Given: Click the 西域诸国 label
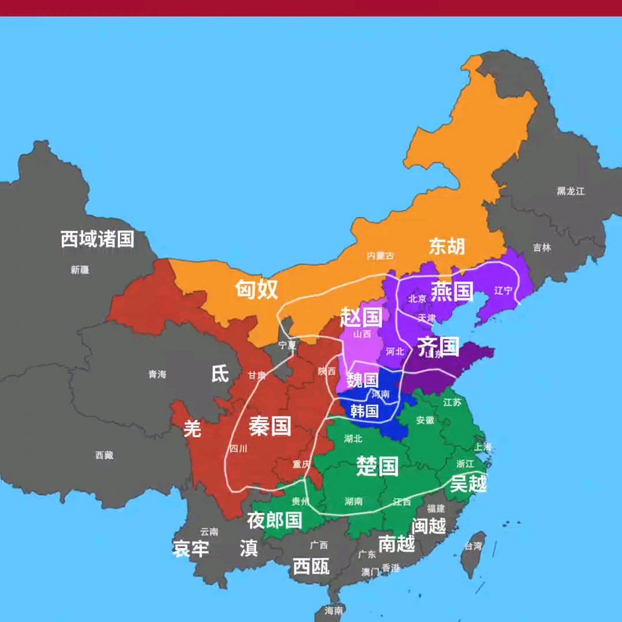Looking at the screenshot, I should pyautogui.click(x=97, y=239).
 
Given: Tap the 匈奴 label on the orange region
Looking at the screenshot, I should pyautogui.click(x=257, y=289).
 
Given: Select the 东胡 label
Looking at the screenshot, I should pyautogui.click(x=447, y=246).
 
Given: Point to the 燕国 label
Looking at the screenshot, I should pyautogui.click(x=452, y=292).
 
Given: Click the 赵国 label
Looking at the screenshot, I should pyautogui.click(x=361, y=317).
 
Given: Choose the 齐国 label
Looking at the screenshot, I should pyautogui.click(x=438, y=346).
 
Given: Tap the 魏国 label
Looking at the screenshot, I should pyautogui.click(x=363, y=380).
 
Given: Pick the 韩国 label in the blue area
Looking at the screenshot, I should pyautogui.click(x=364, y=411).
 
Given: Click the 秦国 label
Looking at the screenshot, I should pyautogui.click(x=270, y=426).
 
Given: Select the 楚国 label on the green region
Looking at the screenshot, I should pyautogui.click(x=377, y=466).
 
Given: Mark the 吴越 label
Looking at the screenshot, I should pyautogui.click(x=468, y=484).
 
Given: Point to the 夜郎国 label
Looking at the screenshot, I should pyautogui.click(x=275, y=520).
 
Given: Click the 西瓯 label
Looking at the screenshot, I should pyautogui.click(x=311, y=566).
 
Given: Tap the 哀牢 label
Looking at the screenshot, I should pyautogui.click(x=190, y=549).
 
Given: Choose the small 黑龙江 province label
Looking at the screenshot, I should pyautogui.click(x=570, y=191).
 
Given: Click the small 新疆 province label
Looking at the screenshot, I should pyautogui.click(x=80, y=270).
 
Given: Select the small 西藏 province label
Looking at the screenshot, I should pyautogui.click(x=104, y=455).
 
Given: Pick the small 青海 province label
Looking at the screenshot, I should pyautogui.click(x=157, y=374).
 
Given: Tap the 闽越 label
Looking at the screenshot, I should pyautogui.click(x=429, y=526).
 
